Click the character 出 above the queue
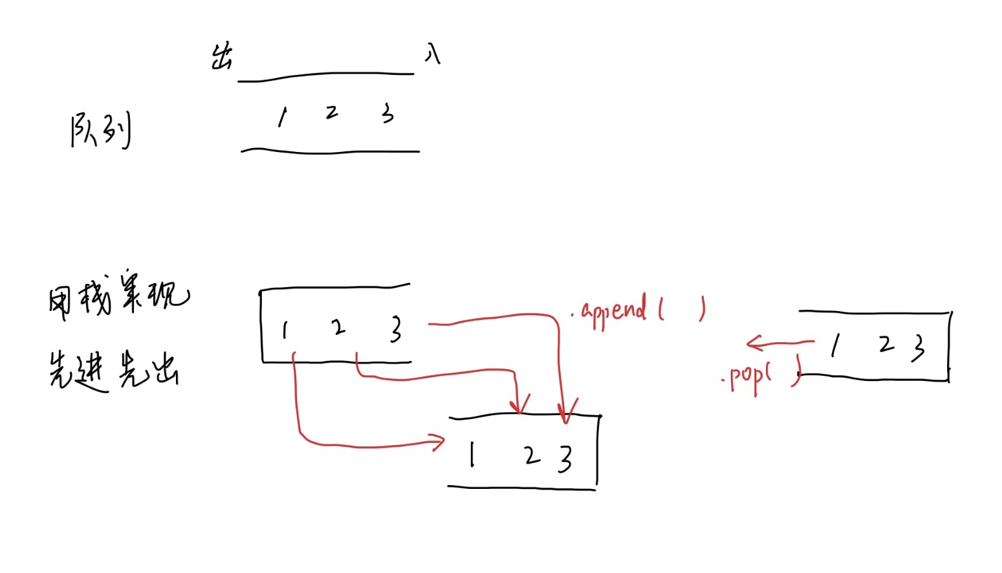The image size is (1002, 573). (x=221, y=57)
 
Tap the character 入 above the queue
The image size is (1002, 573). (x=433, y=54)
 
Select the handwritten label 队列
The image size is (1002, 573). (x=100, y=129)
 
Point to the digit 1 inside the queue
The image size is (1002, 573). (x=282, y=117)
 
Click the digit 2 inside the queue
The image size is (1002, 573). (x=332, y=113)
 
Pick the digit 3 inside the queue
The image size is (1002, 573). (x=387, y=114)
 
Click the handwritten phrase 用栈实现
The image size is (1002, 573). (x=119, y=299)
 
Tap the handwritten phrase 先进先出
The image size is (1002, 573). (x=114, y=370)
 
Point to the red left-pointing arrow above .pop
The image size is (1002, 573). (x=779, y=342)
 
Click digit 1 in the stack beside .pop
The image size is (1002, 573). (x=836, y=346)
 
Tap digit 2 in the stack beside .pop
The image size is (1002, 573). (x=886, y=344)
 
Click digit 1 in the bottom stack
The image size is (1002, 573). (x=473, y=454)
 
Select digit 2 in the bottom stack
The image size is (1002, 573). (x=532, y=455)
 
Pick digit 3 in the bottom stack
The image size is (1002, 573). (x=565, y=459)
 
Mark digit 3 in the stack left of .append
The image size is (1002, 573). (x=396, y=329)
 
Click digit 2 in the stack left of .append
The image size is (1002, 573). (x=338, y=328)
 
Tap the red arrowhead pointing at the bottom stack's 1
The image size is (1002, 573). (x=439, y=442)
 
